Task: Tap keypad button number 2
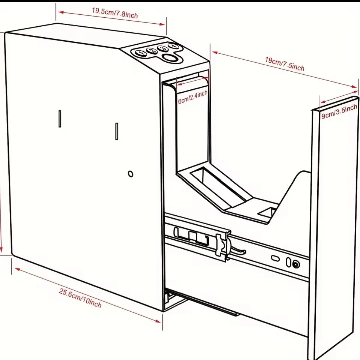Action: click(151, 51)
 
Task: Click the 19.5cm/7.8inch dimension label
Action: click(115, 13)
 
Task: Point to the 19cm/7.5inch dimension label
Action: click(285, 64)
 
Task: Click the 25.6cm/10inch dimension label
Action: click(80, 298)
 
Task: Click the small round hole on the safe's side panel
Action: click(131, 174)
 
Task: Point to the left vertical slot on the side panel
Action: click(60, 119)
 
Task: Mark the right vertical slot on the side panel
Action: click(117, 131)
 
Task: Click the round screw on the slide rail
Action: click(296, 265)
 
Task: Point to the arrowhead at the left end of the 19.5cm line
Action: click(59, 12)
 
